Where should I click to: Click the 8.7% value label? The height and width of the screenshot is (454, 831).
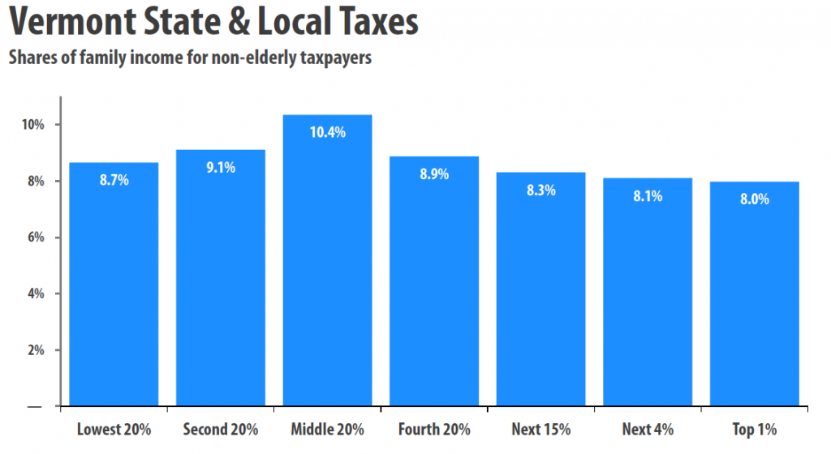point(114,181)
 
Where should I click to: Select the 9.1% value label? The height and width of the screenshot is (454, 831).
point(221,168)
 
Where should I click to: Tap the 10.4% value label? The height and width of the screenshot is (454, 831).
point(328,132)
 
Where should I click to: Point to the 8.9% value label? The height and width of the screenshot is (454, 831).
point(434,174)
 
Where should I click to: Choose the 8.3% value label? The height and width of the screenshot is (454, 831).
point(541,191)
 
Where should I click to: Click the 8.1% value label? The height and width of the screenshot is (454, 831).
point(648,195)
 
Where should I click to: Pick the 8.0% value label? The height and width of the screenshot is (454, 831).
point(755,199)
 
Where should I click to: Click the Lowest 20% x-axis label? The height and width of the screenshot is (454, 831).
point(114,428)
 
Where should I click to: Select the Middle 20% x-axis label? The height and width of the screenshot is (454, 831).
point(328,428)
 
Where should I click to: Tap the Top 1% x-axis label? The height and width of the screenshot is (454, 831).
point(755,428)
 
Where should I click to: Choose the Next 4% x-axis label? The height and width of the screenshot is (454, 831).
point(648,428)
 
